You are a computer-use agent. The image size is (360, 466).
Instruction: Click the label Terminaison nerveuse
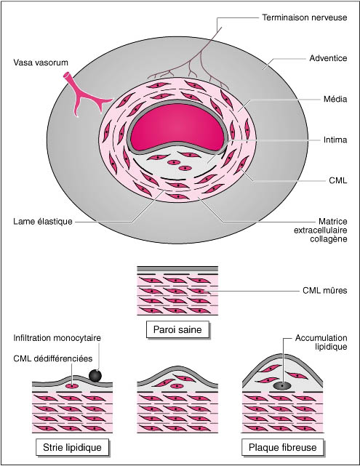pyautogui.click(x=305, y=17)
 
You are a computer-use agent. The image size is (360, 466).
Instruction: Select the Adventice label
pyautogui.click(x=328, y=58)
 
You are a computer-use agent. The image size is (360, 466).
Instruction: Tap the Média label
pyautogui.click(x=335, y=99)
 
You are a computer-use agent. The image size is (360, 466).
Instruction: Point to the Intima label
pyautogui.click(x=335, y=140)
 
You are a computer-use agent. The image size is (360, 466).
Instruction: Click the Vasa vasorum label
pyautogui.click(x=41, y=63)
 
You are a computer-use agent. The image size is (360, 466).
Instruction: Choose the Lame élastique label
pyautogui.click(x=43, y=222)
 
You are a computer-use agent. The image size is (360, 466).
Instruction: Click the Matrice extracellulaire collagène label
pyautogui.click(x=321, y=230)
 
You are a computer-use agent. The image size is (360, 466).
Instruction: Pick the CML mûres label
pyautogui.click(x=324, y=290)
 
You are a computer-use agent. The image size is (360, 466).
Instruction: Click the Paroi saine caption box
pyautogui.click(x=177, y=329)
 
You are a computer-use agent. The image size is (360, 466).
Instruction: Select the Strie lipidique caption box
pyautogui.click(x=72, y=447)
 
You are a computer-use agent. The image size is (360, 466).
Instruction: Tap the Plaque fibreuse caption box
pyautogui.click(x=283, y=447)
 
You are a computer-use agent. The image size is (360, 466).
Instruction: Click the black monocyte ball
pyautogui.click(x=95, y=376)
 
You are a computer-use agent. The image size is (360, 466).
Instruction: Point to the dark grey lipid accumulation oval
pyautogui.click(x=282, y=386)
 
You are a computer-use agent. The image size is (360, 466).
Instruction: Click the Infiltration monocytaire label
pyautogui.click(x=57, y=338)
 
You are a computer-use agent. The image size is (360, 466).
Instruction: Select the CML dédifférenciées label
pyautogui.click(x=53, y=358)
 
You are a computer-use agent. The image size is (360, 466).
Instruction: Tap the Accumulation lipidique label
pyautogui.click(x=321, y=342)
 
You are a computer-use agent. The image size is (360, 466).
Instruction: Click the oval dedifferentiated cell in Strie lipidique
pyautogui.click(x=72, y=386)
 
